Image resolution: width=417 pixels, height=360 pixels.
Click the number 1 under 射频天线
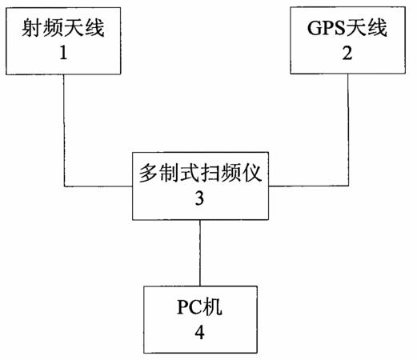click(x=63, y=53)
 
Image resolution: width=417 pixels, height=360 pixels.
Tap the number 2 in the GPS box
click(x=347, y=53)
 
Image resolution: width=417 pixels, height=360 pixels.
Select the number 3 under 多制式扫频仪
click(x=199, y=198)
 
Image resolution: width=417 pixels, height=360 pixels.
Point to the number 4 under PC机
click(x=199, y=332)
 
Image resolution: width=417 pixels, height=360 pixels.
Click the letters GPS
click(x=326, y=28)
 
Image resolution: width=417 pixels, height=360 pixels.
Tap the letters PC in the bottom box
click(x=190, y=307)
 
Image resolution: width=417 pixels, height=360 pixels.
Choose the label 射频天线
click(x=63, y=28)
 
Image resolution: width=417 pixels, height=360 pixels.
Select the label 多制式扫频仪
click(x=200, y=173)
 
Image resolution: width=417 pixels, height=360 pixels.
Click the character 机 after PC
click(x=212, y=307)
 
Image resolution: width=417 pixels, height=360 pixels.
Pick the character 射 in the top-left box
click(x=32, y=28)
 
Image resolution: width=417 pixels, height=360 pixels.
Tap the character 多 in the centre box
click(x=149, y=173)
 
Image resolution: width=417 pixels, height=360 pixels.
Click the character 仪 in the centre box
click(x=251, y=173)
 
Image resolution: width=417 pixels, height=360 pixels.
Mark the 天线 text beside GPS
click(x=366, y=28)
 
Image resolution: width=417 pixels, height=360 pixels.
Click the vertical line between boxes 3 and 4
click(x=200, y=253)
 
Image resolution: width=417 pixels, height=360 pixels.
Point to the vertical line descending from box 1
click(x=64, y=130)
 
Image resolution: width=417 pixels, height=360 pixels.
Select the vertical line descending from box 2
click(x=348, y=130)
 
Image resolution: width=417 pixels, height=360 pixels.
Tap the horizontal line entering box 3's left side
click(x=98, y=186)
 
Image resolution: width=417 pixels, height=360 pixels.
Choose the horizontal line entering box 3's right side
click(x=308, y=186)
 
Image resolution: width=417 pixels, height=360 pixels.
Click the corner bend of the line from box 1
click(x=64, y=186)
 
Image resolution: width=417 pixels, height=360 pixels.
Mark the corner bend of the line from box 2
click(x=348, y=186)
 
